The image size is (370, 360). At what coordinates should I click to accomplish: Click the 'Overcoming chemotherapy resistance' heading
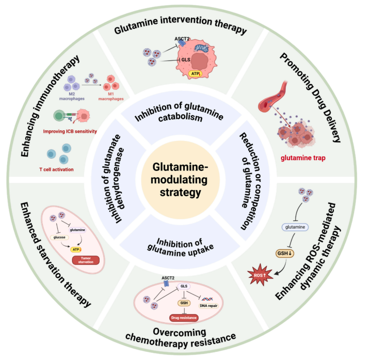pyautogui.click(x=183, y=341)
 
